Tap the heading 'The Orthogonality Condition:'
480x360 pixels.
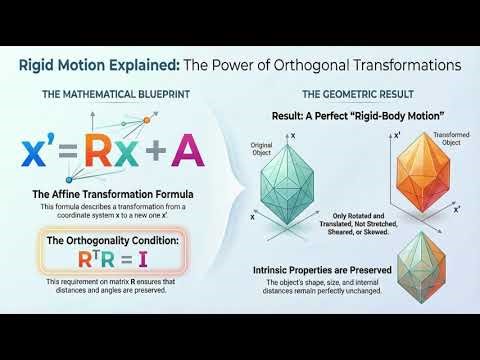pyautogui.click(x=113, y=239)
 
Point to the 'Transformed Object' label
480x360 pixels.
pyautogui.click(x=450, y=139)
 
